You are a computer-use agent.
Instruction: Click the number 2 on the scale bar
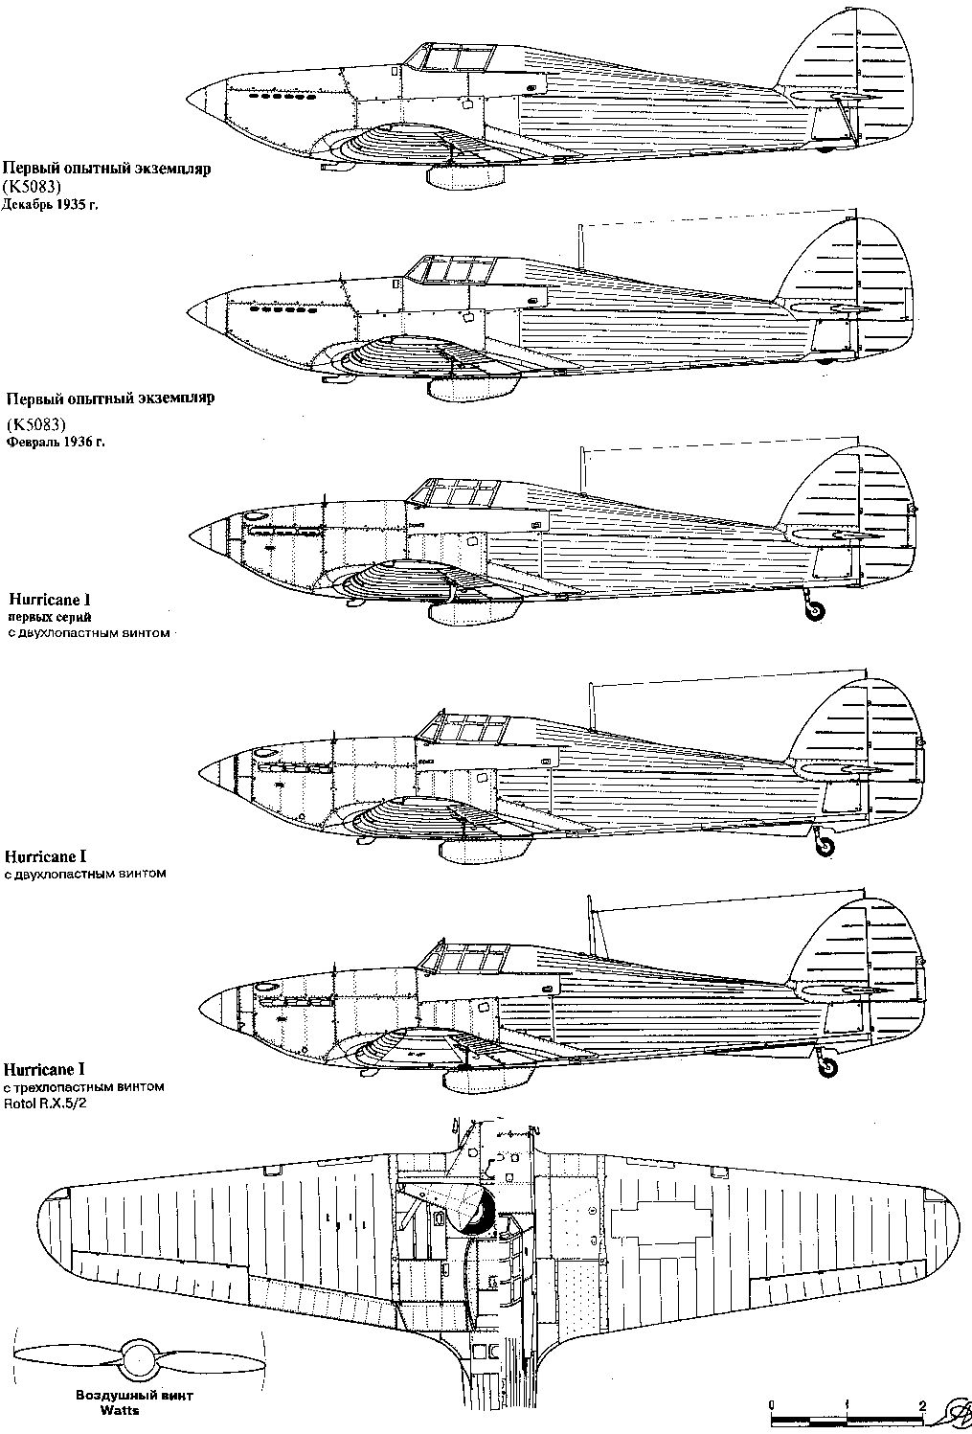tap(921, 1405)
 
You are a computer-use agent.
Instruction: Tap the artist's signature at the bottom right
tap(954, 1408)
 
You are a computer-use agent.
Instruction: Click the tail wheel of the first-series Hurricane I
tap(815, 613)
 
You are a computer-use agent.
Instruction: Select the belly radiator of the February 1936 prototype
tap(468, 388)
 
